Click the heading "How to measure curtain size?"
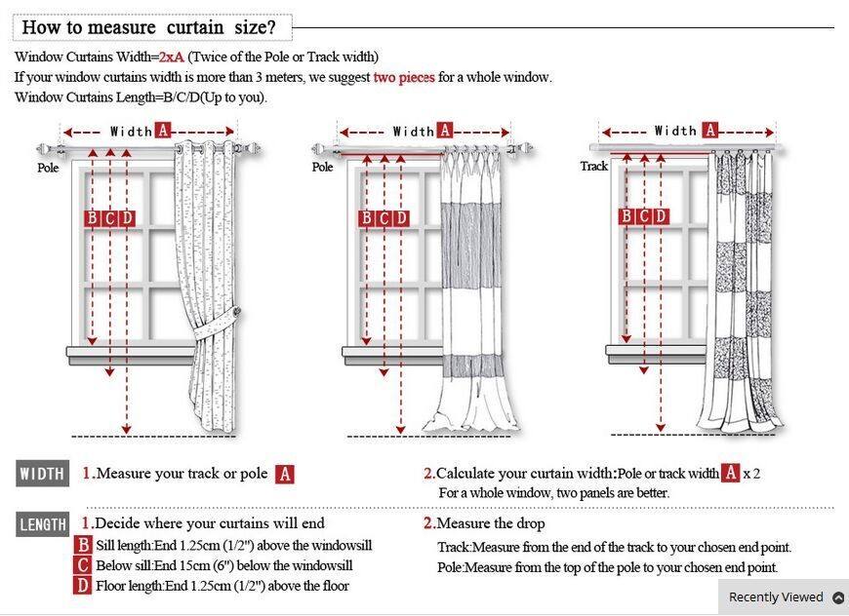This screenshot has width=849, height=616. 148,27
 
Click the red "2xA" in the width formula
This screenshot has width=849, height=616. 171,58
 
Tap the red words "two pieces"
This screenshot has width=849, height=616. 403,77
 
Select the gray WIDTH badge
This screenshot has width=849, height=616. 43,475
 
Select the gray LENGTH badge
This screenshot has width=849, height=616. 43,525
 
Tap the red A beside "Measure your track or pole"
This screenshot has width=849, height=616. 284,475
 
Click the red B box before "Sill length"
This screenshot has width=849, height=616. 84,546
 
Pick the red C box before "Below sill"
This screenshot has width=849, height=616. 84,565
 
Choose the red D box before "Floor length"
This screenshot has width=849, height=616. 84,586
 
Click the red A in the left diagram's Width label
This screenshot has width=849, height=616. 163,131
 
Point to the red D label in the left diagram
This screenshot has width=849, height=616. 127,218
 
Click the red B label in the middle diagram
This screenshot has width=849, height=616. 367,218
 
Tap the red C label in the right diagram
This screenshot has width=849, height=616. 644,216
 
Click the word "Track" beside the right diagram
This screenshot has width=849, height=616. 593,167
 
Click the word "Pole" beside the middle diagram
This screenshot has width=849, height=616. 322,168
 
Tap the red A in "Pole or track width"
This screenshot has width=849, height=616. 730,474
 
